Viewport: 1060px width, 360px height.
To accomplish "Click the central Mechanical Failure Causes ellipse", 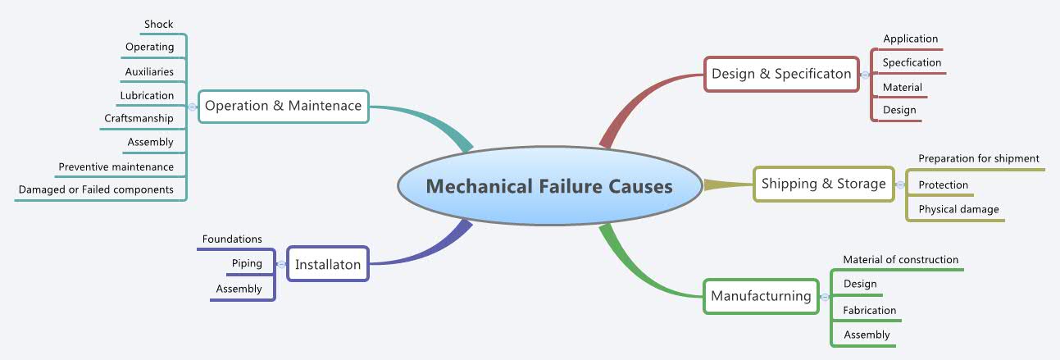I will [548, 186].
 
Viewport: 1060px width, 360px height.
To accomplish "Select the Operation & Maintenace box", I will [283, 106].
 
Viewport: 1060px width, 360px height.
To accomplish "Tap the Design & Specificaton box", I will [781, 74].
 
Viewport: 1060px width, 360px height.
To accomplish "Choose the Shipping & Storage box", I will [823, 184].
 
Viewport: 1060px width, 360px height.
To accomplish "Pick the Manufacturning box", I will [761, 296].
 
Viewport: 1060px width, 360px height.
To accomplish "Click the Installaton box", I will [328, 264].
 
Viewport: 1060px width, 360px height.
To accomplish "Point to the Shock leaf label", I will [159, 24].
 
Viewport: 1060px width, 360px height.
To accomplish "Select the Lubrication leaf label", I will [148, 95].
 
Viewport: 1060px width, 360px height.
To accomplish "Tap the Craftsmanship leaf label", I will [139, 118].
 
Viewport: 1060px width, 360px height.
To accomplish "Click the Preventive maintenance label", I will [116, 166].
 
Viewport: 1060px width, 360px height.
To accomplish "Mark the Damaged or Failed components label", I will [96, 189].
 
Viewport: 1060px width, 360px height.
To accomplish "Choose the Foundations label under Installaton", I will [232, 239].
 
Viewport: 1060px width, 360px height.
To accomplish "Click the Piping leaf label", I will [247, 263].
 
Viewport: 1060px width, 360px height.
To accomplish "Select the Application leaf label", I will [910, 39].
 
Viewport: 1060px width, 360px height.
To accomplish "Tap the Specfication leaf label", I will [912, 62].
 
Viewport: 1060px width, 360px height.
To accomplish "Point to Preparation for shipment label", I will [978, 158].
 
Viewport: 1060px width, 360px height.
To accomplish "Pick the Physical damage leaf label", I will [958, 209].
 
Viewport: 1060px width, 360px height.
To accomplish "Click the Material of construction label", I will [900, 260].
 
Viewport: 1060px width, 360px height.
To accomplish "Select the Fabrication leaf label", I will [870, 311].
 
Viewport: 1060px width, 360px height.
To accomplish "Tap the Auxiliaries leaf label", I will [149, 71].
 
